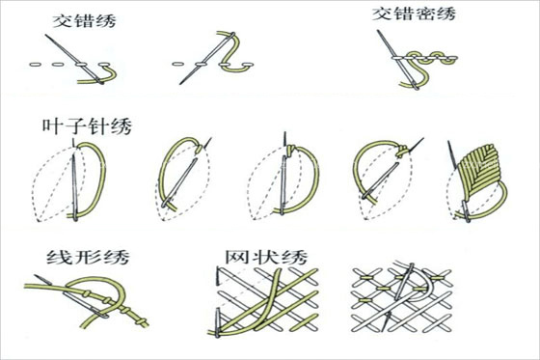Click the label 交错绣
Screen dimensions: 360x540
point(81,20)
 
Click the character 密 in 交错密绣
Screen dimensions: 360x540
point(427,16)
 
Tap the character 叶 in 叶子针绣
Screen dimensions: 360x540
point(53,126)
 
